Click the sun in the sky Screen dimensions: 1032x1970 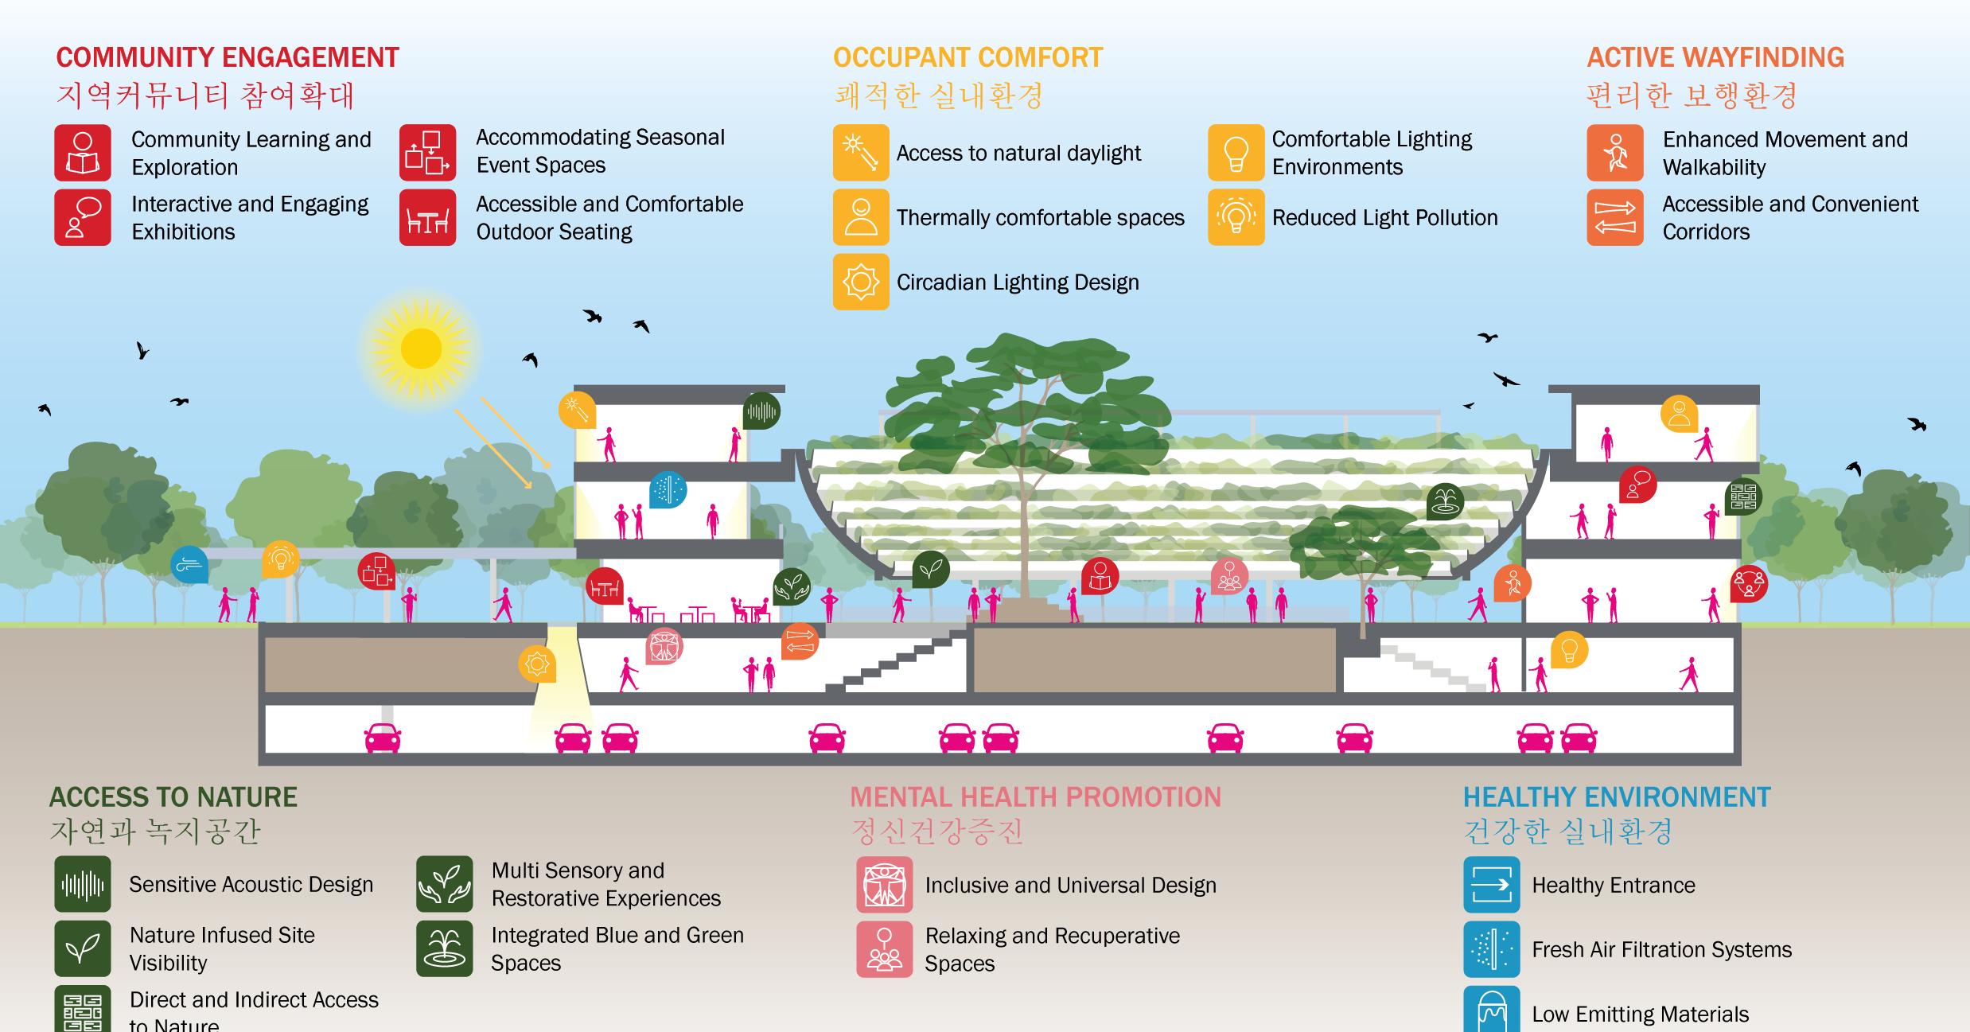[x=421, y=349]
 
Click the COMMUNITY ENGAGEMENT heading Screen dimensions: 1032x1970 [x=228, y=58]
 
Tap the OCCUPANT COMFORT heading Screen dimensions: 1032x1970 [x=967, y=58]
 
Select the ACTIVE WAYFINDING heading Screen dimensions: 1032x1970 [x=1715, y=58]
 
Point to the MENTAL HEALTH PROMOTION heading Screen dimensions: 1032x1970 [x=1035, y=797]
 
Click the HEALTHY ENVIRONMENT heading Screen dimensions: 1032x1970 [x=1617, y=797]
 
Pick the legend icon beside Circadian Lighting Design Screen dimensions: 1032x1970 [x=861, y=282]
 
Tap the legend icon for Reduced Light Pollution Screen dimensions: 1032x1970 [x=1236, y=217]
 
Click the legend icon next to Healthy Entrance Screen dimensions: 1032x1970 [x=1492, y=885]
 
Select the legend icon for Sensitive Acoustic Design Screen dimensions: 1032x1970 [x=83, y=884]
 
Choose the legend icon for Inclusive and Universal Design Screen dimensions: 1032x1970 [x=885, y=885]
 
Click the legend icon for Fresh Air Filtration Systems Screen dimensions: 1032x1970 [x=1492, y=949]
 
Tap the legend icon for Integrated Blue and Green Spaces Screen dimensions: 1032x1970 [x=444, y=948]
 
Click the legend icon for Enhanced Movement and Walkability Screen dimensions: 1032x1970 [x=1615, y=153]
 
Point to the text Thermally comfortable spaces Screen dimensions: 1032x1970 [x=1040, y=218]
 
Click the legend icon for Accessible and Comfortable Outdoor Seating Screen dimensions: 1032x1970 [x=428, y=217]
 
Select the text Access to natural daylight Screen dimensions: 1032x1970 [x=1018, y=153]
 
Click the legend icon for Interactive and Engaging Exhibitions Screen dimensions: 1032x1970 [x=83, y=217]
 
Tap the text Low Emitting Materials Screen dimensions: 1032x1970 [x=1640, y=1014]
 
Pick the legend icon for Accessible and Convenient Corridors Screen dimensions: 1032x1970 [x=1615, y=217]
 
